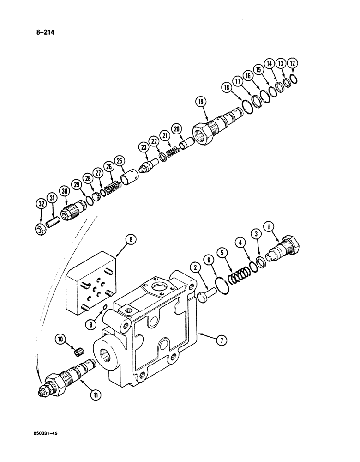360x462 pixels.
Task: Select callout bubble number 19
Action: point(201,102)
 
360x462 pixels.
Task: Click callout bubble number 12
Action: point(292,63)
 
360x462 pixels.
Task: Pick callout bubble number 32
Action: point(42,203)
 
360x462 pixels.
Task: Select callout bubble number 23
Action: point(144,147)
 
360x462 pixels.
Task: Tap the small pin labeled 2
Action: point(204,293)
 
